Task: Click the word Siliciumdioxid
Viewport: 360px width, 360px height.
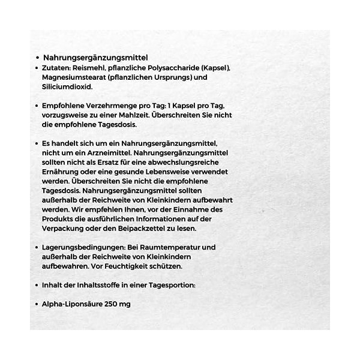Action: point(67,87)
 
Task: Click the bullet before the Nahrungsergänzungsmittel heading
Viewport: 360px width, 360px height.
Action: point(38,58)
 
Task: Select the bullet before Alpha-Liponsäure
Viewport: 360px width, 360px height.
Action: point(38,304)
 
